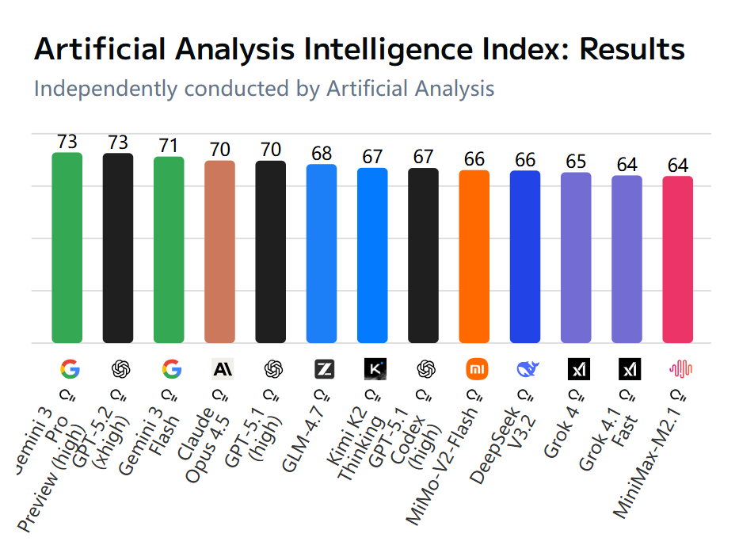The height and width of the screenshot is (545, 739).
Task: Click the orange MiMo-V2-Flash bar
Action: coord(474,257)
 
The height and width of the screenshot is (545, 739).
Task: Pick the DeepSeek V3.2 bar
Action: coord(524,257)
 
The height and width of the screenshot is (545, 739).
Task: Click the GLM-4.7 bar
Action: coord(322,253)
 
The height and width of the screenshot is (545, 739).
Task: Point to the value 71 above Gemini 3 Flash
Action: coord(169,147)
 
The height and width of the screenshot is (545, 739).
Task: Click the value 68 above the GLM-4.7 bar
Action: coord(322,154)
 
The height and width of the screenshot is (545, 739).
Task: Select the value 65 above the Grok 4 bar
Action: coord(576,162)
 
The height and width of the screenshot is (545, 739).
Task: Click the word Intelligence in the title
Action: coord(381,49)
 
